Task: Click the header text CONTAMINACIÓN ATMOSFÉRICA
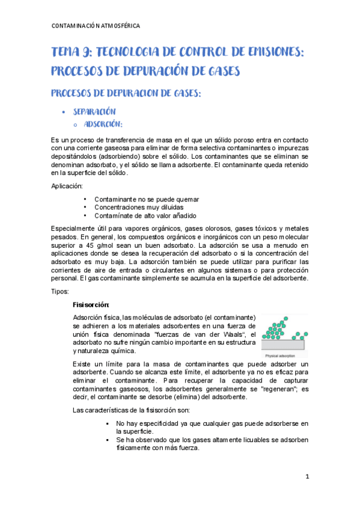96,26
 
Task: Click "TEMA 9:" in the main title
72,53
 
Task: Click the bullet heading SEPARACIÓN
94,112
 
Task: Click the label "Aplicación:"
68,187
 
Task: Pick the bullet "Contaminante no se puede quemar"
147,199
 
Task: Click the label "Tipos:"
61,291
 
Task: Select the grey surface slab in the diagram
284,346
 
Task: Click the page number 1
307,477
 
